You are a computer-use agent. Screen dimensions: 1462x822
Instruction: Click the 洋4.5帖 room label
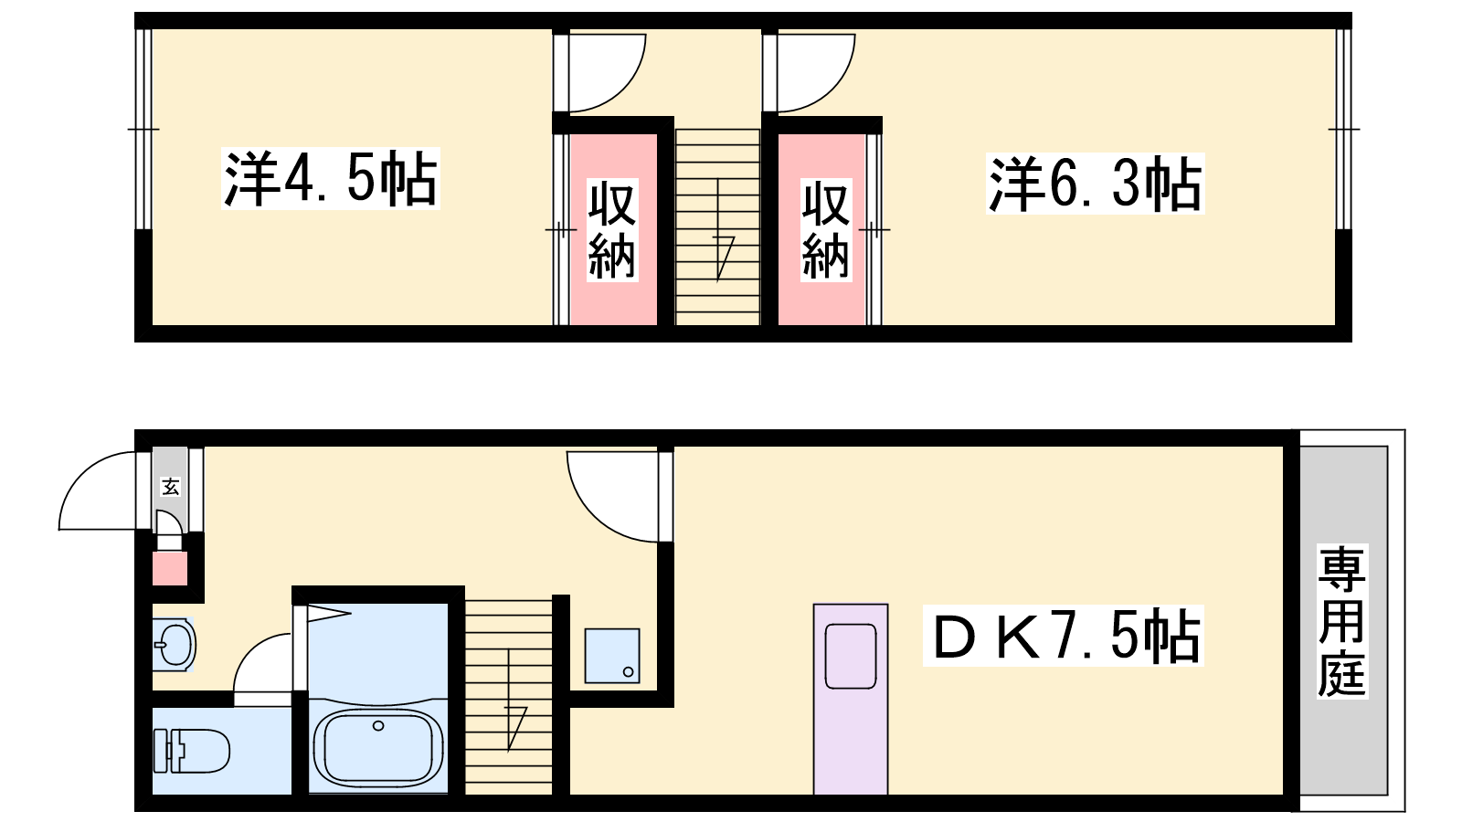click(330, 178)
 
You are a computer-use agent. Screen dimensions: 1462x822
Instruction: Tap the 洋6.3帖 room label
click(1095, 184)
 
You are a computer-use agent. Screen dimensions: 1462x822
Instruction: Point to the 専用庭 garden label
click(1342, 622)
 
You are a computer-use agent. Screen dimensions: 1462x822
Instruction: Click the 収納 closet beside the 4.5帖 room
click(612, 229)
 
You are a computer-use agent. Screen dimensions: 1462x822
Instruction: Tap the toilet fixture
click(191, 750)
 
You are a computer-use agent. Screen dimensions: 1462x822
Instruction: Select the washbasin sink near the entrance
click(174, 645)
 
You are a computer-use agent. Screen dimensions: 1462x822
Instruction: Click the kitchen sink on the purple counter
click(851, 656)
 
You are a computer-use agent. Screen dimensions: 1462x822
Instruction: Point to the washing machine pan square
click(611, 656)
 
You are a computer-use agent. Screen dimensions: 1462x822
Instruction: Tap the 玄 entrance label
click(170, 486)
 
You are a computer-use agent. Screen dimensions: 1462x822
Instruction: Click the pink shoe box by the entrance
click(170, 568)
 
